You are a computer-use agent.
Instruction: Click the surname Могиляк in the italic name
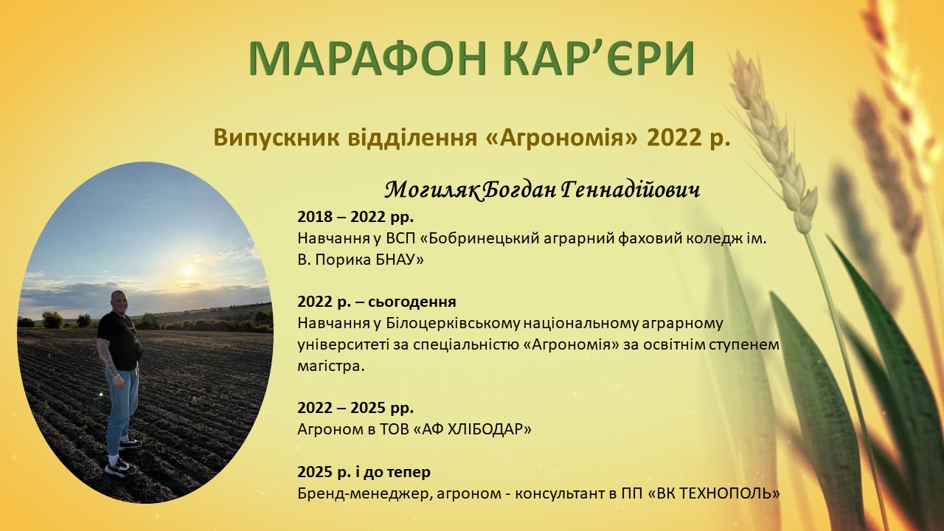click(x=431, y=190)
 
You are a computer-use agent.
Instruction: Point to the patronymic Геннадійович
click(x=631, y=190)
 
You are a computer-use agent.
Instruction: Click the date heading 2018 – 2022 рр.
click(x=355, y=217)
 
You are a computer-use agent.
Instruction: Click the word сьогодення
click(x=412, y=302)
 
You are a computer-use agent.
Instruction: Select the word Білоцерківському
click(x=453, y=324)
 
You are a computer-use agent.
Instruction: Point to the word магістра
click(x=331, y=367)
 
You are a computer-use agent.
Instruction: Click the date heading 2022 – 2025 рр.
click(x=355, y=408)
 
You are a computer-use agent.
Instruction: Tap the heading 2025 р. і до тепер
click(x=364, y=472)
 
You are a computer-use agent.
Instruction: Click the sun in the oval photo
click(x=189, y=271)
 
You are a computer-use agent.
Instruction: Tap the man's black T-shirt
click(x=119, y=341)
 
